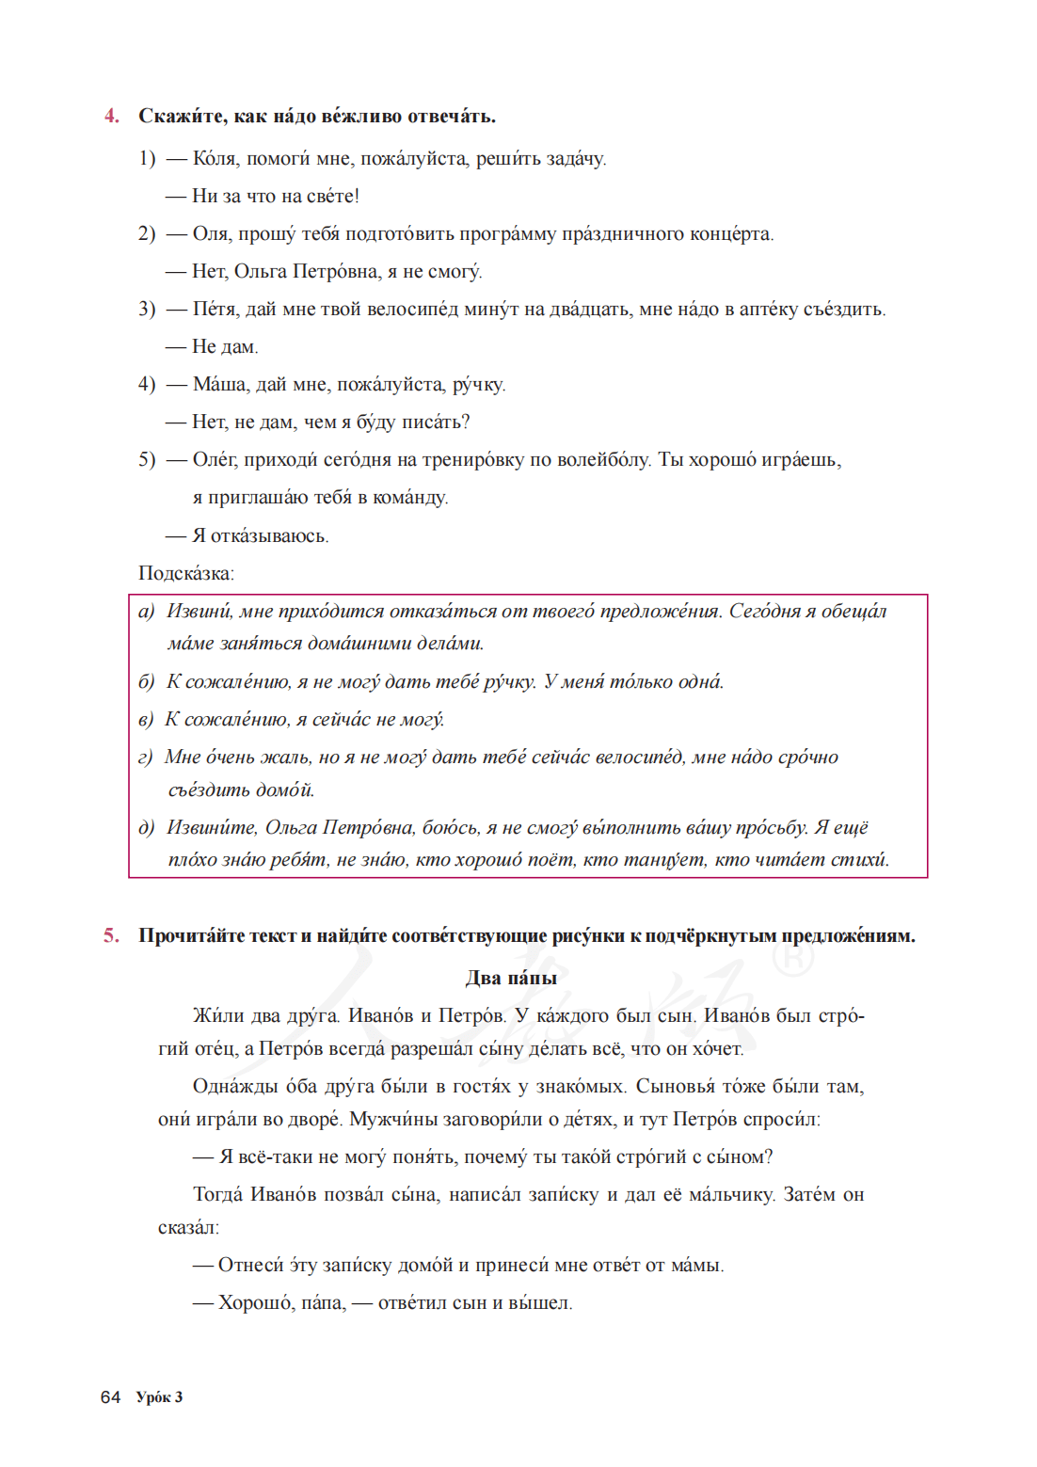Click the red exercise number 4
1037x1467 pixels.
point(112,116)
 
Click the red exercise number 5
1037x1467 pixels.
point(112,935)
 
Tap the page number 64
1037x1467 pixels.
point(110,1397)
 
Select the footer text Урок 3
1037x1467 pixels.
point(159,1397)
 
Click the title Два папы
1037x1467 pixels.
point(511,978)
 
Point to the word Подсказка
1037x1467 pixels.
point(185,573)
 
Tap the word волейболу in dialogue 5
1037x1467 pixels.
point(602,459)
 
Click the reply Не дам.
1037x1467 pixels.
point(225,346)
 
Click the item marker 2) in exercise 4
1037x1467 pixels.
point(147,233)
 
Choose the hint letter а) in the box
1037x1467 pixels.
point(146,612)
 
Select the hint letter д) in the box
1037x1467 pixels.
point(146,828)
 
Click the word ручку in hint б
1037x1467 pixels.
point(510,682)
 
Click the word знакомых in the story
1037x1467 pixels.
point(580,1086)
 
